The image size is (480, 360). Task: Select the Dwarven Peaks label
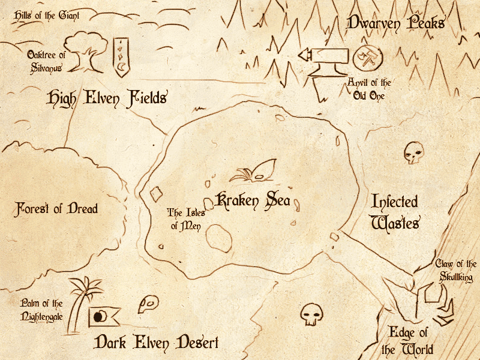coord(395,23)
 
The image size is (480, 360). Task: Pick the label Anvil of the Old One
coord(369,89)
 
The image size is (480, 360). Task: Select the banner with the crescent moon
coord(122,56)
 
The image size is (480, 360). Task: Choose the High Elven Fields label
coord(106,97)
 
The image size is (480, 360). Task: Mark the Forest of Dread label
coord(56,209)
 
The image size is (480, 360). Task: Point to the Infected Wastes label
coord(394,212)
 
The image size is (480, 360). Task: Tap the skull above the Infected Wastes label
coord(412,152)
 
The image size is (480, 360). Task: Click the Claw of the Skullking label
coord(456,271)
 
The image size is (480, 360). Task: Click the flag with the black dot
coord(103,316)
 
